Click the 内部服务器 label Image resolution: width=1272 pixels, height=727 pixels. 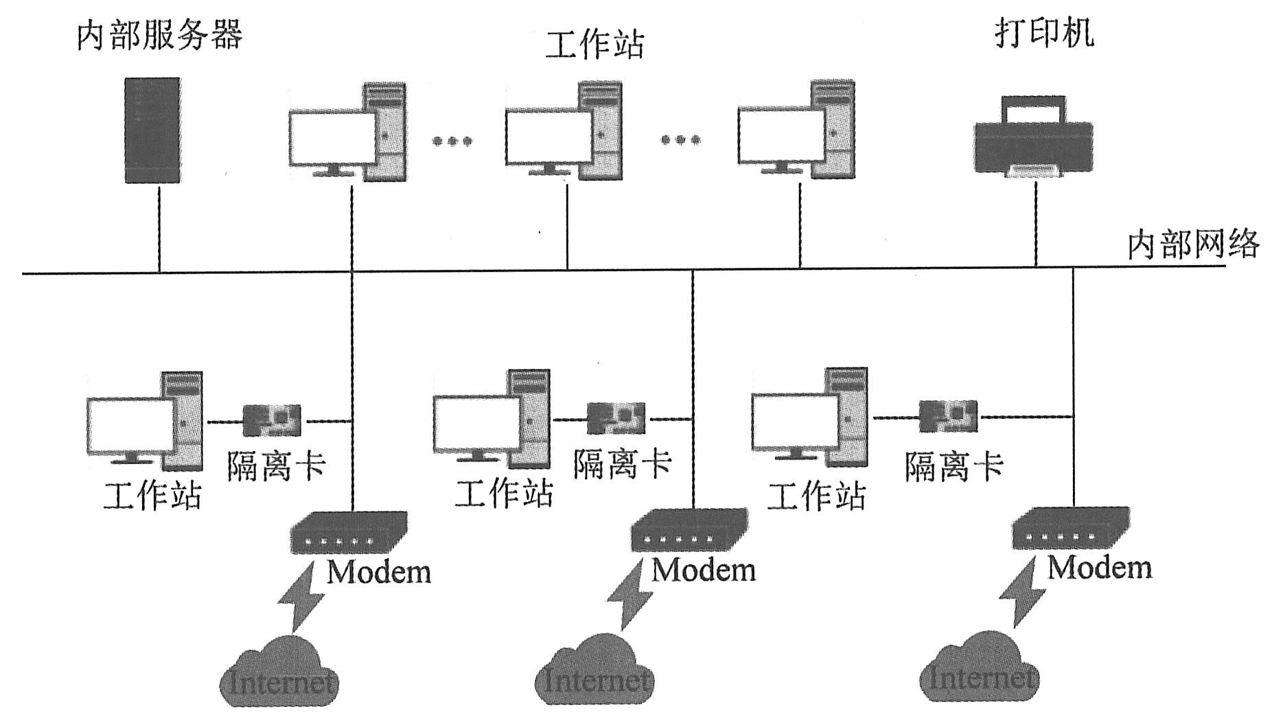pyautogui.click(x=159, y=35)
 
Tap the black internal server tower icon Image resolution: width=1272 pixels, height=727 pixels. pyautogui.click(x=152, y=130)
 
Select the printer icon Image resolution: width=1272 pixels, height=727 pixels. pyautogui.click(x=1034, y=137)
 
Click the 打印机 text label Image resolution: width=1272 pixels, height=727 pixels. pyautogui.click(x=1044, y=32)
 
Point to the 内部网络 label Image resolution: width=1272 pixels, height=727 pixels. pyautogui.click(x=1193, y=244)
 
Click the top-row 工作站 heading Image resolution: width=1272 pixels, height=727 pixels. pyautogui.click(x=594, y=44)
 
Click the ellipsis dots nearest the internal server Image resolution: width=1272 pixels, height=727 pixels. pyautogui.click(x=452, y=141)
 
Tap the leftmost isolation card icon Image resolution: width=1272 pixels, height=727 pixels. pyautogui.click(x=272, y=420)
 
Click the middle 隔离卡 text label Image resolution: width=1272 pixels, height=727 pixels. pyautogui.click(x=622, y=464)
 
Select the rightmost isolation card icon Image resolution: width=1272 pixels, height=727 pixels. pyautogui.click(x=949, y=416)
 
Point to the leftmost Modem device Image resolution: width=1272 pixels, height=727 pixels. pyautogui.click(x=349, y=533)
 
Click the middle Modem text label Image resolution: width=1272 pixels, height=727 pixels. pyautogui.click(x=704, y=570)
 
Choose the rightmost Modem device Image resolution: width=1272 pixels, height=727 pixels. pyautogui.click(x=1071, y=529)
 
